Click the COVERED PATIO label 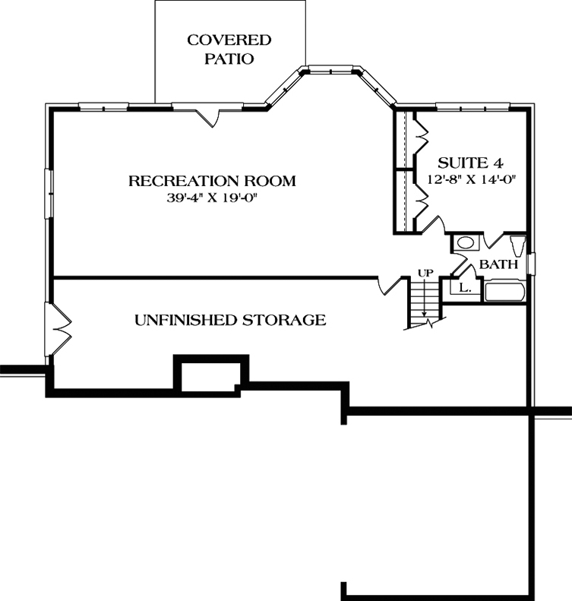(229, 49)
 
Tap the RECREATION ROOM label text (211, 181)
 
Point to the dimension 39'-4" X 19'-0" (212, 198)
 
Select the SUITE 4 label (471, 163)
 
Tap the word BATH (498, 264)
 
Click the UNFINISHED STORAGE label (230, 320)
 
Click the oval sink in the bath (465, 243)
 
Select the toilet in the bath (517, 246)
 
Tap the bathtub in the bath (505, 293)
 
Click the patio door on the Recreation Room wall (208, 115)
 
